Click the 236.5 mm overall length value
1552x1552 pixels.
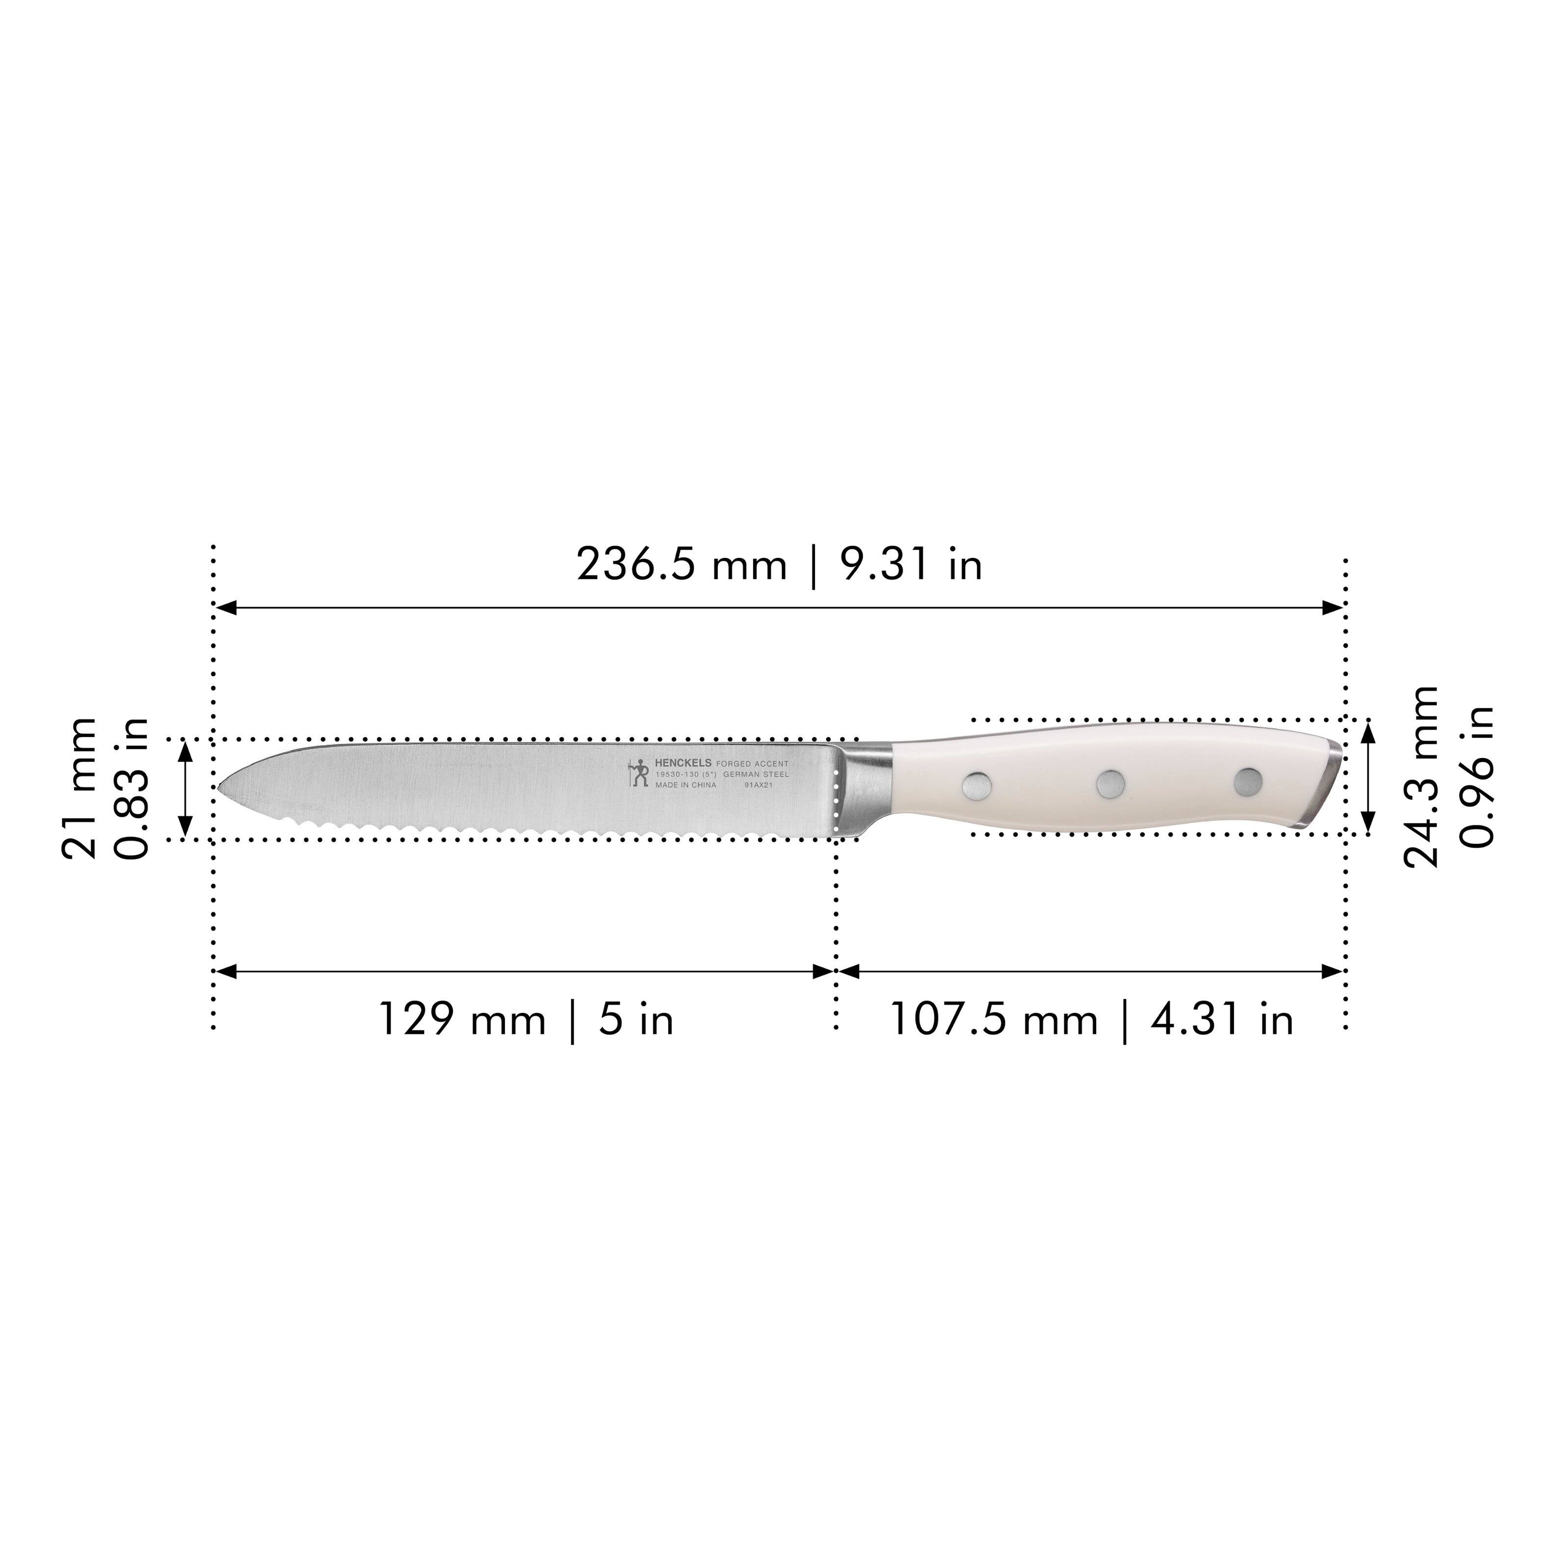pos(681,565)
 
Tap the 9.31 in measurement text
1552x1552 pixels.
pos(911,565)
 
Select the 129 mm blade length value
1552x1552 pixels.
pos(461,1020)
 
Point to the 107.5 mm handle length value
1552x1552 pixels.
pos(993,1020)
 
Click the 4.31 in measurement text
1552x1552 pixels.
pos(1222,1020)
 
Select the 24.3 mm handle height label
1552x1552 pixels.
pos(1420,777)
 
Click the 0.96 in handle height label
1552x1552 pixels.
pos(1476,777)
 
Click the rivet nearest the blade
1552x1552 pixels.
pos(976,786)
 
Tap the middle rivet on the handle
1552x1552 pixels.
pos(1110,784)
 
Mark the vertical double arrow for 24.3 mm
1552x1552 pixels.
pos(1369,777)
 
